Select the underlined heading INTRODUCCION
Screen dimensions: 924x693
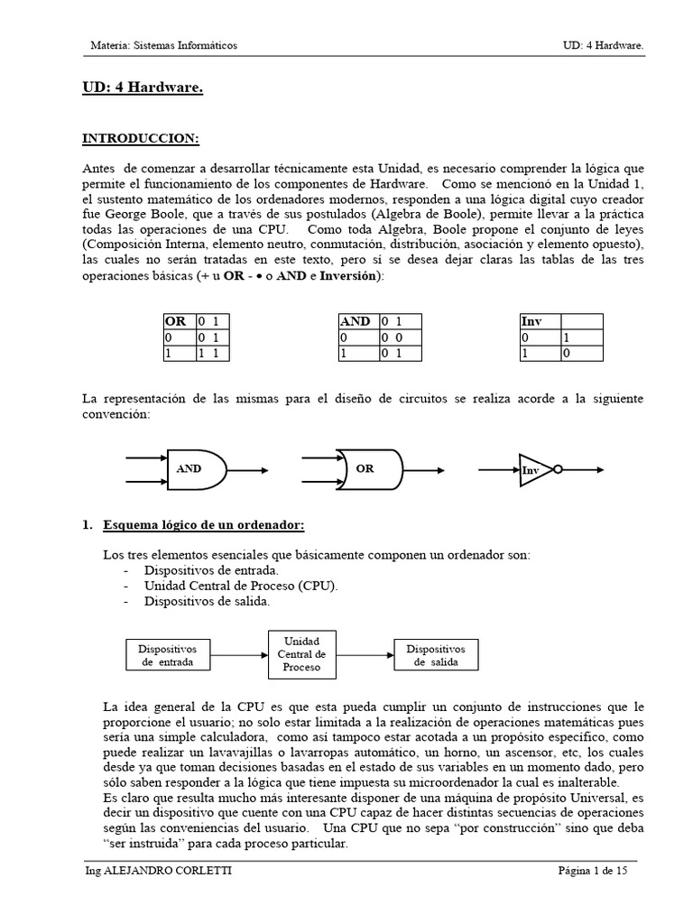(x=140, y=138)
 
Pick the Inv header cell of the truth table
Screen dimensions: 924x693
(x=540, y=321)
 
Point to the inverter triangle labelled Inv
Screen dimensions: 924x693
(x=533, y=470)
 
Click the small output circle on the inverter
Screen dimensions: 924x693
(x=559, y=469)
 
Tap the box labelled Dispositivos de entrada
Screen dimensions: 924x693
(x=173, y=655)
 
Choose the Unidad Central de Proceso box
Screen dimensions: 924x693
(x=302, y=654)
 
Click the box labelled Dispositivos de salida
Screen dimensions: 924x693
(x=436, y=655)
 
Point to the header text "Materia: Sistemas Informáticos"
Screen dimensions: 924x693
(x=165, y=45)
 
